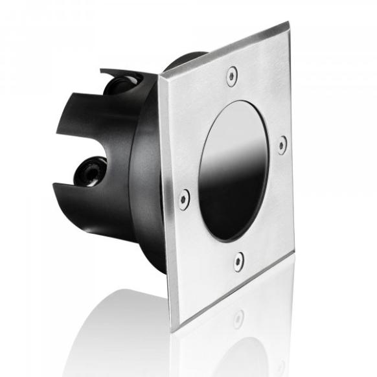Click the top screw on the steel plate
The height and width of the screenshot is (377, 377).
point(232,76)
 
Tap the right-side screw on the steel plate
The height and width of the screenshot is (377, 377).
point(282,144)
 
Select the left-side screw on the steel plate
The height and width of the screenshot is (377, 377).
point(185,198)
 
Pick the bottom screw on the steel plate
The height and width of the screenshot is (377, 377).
point(239,260)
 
